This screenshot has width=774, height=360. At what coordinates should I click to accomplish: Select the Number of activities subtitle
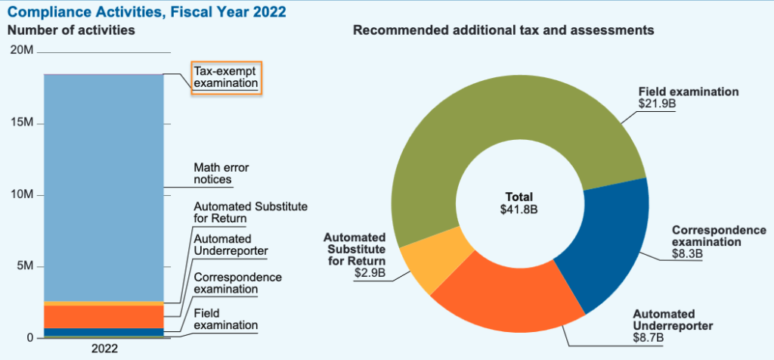click(x=71, y=31)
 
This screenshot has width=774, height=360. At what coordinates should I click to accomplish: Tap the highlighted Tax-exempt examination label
click(x=225, y=77)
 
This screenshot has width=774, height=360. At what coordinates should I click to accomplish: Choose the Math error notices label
click(x=221, y=174)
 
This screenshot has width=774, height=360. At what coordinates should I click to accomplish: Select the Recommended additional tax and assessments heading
click(x=503, y=31)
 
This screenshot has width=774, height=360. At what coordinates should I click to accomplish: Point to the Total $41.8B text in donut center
click(x=519, y=203)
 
